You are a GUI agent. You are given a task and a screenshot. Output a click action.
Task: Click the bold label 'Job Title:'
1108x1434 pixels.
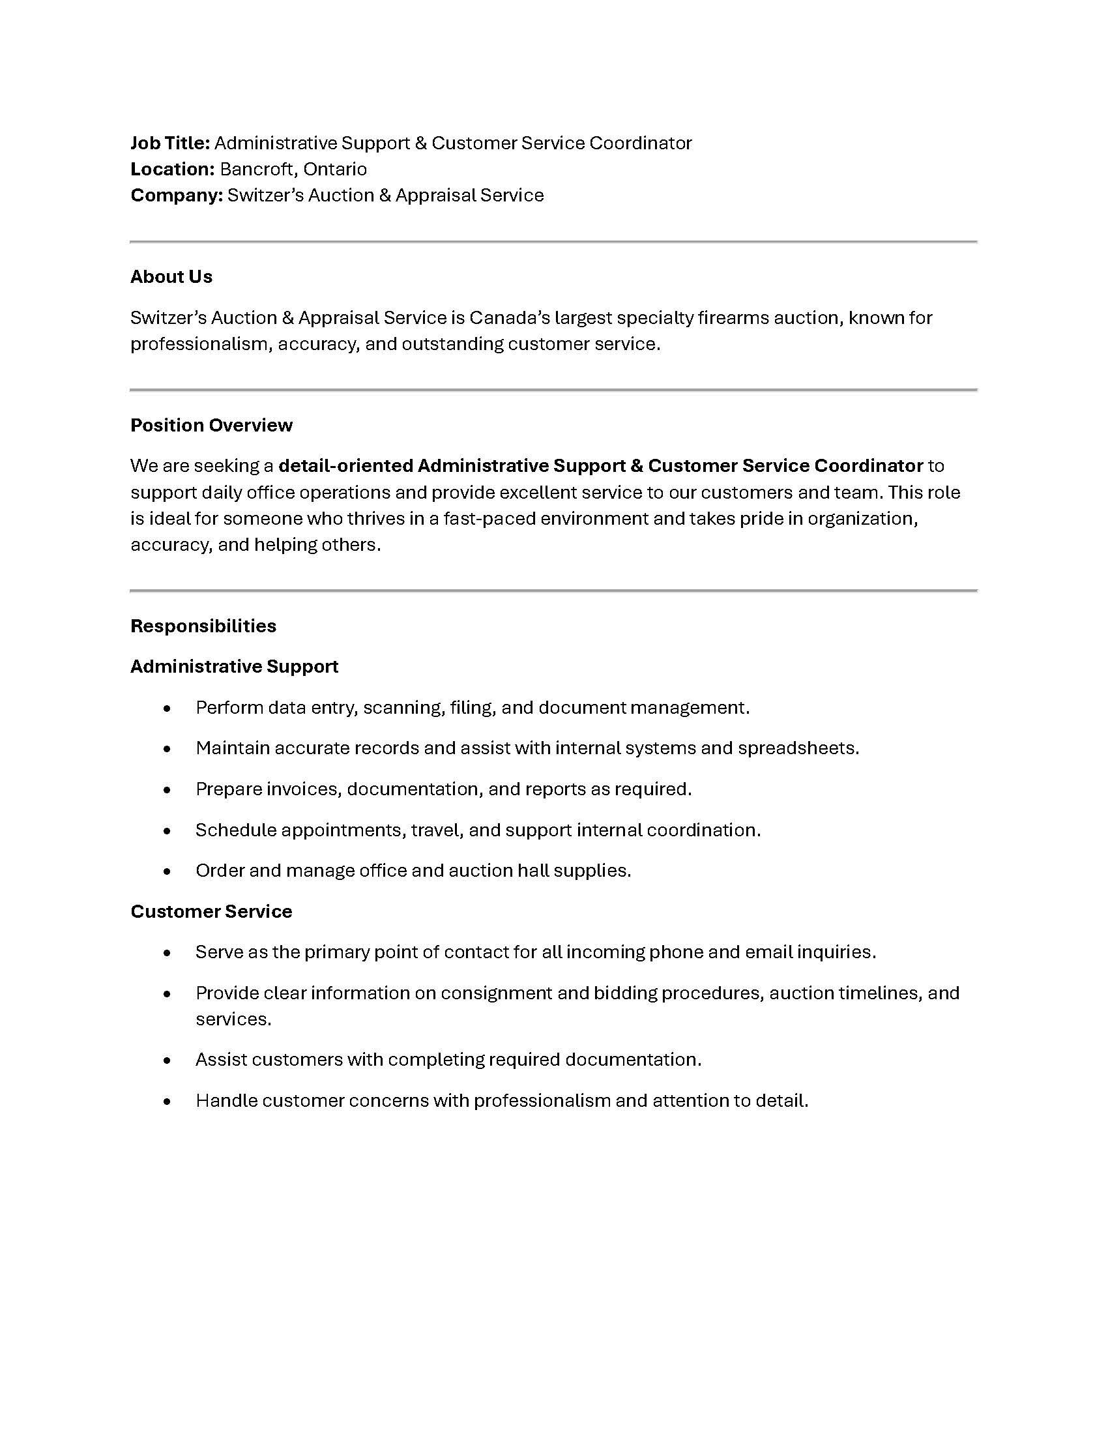[170, 143]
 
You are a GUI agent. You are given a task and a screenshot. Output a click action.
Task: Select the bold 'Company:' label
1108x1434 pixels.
[177, 196]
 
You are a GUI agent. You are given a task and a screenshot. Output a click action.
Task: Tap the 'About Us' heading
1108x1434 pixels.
[171, 277]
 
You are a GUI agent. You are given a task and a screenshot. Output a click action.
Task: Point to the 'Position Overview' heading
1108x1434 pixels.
[211, 426]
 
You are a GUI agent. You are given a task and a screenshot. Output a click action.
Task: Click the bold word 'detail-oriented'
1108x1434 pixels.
[345, 466]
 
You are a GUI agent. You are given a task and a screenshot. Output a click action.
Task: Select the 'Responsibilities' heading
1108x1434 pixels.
[203, 626]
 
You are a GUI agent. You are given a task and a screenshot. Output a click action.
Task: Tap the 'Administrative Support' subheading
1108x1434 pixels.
[235, 667]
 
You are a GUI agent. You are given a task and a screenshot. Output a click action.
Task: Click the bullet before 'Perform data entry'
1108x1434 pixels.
[168, 709]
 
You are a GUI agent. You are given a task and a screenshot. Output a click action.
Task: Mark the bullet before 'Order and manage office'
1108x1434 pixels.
[168, 871]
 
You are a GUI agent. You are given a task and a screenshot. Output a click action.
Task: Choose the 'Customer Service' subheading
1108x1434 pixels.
[211, 912]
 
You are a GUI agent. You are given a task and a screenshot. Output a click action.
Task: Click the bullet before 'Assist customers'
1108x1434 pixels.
[168, 1061]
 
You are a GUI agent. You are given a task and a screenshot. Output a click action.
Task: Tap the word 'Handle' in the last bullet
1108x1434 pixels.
[226, 1101]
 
